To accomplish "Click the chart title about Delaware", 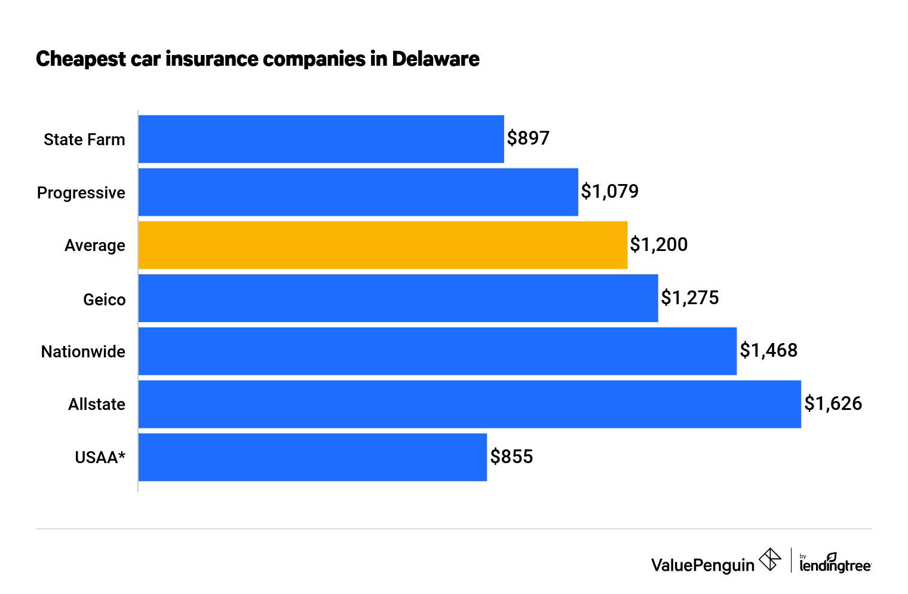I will [x=257, y=59].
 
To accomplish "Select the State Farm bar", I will [x=321, y=139].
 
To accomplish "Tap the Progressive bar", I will [x=358, y=192].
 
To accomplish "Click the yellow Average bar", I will [x=382, y=245].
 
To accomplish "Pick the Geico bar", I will [x=398, y=298].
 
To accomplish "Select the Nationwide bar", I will [x=437, y=351].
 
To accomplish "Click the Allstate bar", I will [x=470, y=404].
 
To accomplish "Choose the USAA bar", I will [x=312, y=457].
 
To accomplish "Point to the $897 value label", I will [x=528, y=138].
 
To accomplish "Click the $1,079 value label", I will [x=610, y=191].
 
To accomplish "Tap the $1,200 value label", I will [x=659, y=244].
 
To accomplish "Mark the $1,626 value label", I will [x=833, y=403].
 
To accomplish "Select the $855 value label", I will [x=511, y=457].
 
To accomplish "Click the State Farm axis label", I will [x=84, y=139].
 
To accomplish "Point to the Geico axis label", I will [x=104, y=299].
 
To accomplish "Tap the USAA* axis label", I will [x=100, y=457].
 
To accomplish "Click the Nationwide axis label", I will [x=83, y=351].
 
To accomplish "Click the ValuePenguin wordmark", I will [x=703, y=564].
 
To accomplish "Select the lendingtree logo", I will [x=835, y=563].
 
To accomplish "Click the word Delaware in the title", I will [x=435, y=59].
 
